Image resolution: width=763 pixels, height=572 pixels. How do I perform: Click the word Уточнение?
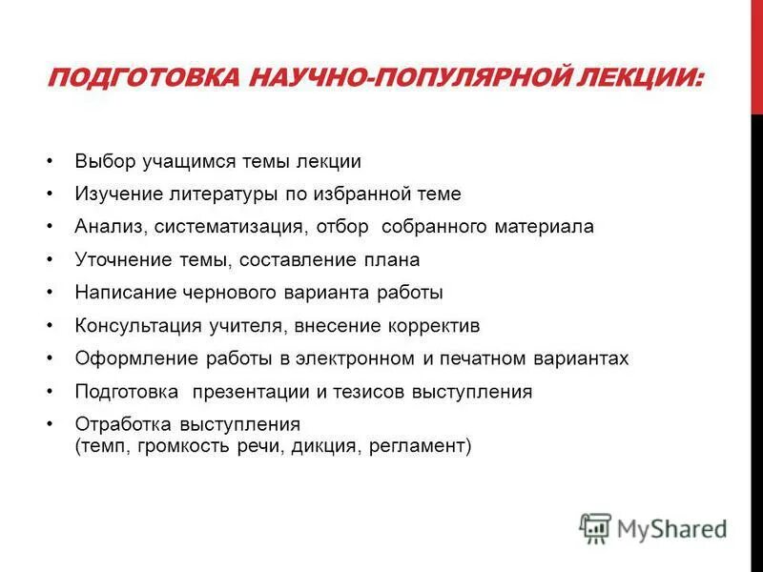tap(117, 259)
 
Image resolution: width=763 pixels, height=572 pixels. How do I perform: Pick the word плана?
tap(395, 259)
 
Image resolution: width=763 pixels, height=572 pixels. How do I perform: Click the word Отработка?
tap(119, 424)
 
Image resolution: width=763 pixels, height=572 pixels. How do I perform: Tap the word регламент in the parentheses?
tap(422, 444)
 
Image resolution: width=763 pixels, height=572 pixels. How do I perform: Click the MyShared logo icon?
tap(595, 527)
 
